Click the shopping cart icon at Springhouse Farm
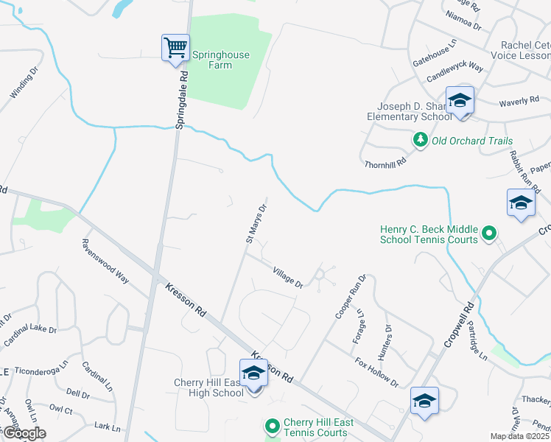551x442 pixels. (x=175, y=49)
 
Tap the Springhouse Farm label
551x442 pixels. (x=221, y=60)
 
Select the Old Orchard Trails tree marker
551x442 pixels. (x=420, y=140)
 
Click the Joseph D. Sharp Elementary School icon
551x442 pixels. (x=460, y=102)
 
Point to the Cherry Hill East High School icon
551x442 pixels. (x=253, y=374)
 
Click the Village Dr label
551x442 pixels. (x=288, y=278)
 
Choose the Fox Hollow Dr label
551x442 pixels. (x=376, y=373)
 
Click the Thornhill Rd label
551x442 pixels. (x=385, y=164)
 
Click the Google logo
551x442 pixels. (x=24, y=433)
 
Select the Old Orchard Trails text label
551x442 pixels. (x=471, y=141)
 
